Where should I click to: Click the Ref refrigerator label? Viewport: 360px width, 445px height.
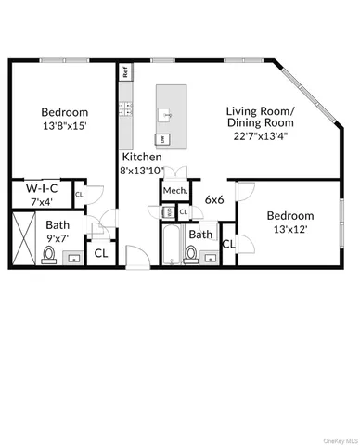123,70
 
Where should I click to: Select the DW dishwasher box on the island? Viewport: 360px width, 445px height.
163,138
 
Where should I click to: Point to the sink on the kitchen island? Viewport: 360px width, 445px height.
166,115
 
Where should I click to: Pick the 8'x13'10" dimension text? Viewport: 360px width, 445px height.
141,170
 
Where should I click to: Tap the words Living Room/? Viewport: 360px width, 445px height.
260,112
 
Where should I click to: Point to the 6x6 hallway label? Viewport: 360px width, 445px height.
214,198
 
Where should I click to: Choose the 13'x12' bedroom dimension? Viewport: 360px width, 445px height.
290,228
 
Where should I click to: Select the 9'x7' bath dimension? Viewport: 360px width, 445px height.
58,236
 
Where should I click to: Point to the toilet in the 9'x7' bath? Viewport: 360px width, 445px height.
67,254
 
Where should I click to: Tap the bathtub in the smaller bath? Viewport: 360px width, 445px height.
172,246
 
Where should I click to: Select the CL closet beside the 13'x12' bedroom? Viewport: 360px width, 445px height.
228,243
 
